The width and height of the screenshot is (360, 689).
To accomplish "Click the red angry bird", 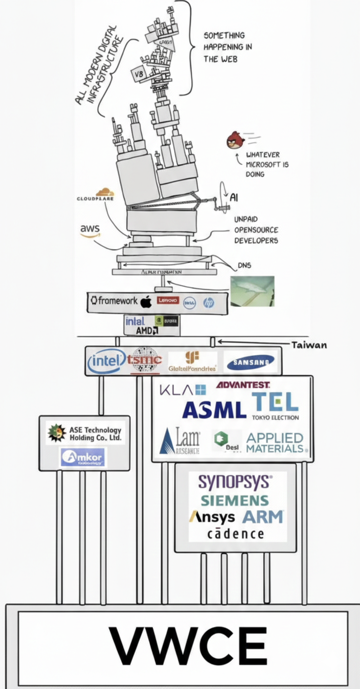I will tap(235, 140).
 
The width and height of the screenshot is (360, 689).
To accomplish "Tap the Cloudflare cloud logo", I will tap(105, 192).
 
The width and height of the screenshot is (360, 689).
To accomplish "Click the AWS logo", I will tap(90, 230).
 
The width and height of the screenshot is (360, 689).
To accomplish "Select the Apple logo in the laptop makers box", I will tap(146, 302).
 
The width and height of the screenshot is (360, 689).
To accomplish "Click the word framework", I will tap(114, 300).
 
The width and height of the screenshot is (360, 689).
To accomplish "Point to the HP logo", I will tap(209, 303).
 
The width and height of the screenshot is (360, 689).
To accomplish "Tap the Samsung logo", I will tap(249, 363).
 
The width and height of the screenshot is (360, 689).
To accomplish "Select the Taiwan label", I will tap(309, 345).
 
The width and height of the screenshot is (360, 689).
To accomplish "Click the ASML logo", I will tap(214, 410).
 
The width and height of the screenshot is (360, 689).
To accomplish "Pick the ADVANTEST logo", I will tap(243, 385).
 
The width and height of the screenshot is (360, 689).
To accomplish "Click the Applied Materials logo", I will tap(275, 442).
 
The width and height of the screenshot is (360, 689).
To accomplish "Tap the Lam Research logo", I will tap(180, 441).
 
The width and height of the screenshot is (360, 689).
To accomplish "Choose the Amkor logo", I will tap(83, 457).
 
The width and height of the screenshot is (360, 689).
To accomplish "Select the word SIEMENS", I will tap(235, 501).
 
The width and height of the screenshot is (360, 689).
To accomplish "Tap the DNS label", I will tap(245, 266).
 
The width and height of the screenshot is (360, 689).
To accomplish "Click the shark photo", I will tap(252, 291).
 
